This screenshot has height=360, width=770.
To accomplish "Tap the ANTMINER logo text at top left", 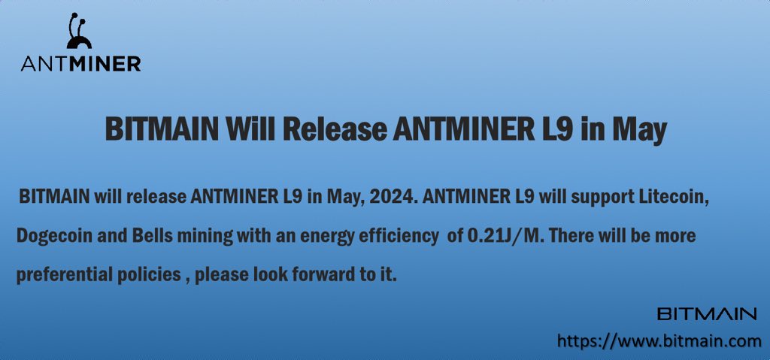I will coord(80,65).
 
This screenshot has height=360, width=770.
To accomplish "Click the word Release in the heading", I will coord(332,129).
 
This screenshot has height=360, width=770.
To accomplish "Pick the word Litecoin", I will coord(675,198).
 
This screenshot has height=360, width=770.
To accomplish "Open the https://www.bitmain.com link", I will coord(659,342).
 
